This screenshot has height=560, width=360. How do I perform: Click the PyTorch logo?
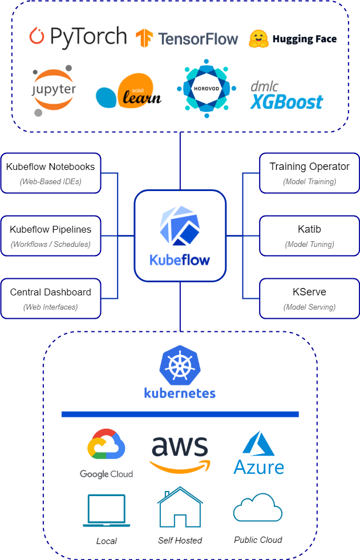coord(78,37)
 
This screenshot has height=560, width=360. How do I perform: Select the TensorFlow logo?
coord(187,38)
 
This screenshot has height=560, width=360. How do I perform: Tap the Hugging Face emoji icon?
coord(258,39)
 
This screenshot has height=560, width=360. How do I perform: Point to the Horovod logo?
coord(206,88)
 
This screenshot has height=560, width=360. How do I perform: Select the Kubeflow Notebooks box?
coord(51,173)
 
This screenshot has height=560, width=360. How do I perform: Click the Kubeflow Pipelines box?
coord(51,236)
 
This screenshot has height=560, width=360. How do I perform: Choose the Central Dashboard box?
coord(51,298)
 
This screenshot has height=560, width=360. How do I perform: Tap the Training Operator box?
coord(309,173)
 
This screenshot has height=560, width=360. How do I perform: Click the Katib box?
coord(309,236)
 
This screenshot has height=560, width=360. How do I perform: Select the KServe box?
coord(309,298)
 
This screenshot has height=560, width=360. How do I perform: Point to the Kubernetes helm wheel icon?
coord(180,364)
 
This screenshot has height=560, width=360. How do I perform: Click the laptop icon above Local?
coord(106,510)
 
